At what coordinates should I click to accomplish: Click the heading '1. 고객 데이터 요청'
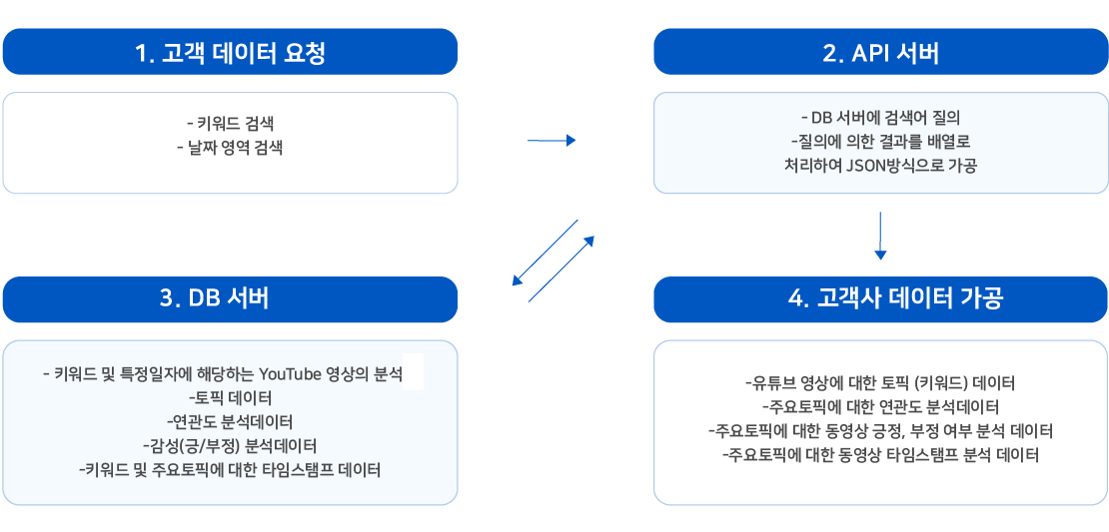click(x=230, y=53)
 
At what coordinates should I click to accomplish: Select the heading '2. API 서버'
click(x=880, y=53)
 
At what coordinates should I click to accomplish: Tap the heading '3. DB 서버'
click(x=230, y=299)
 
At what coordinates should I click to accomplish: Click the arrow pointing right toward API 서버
click(x=552, y=141)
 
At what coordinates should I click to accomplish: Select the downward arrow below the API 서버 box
click(x=880, y=236)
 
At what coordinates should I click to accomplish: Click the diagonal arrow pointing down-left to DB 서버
click(x=546, y=253)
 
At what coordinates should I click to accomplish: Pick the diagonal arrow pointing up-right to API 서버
click(x=561, y=268)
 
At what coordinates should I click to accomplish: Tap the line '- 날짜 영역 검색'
click(x=230, y=149)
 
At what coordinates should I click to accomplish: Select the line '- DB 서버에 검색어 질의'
click(x=880, y=117)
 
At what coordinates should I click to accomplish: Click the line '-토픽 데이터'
click(x=230, y=397)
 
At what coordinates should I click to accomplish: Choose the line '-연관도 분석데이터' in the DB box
click(x=230, y=422)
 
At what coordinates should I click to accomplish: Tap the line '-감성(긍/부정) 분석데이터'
click(x=230, y=446)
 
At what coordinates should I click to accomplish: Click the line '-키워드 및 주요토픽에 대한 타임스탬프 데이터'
click(x=230, y=470)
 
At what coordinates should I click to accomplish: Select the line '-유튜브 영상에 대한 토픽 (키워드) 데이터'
click(x=880, y=383)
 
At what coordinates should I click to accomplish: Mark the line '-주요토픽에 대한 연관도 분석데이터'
click(x=880, y=407)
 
